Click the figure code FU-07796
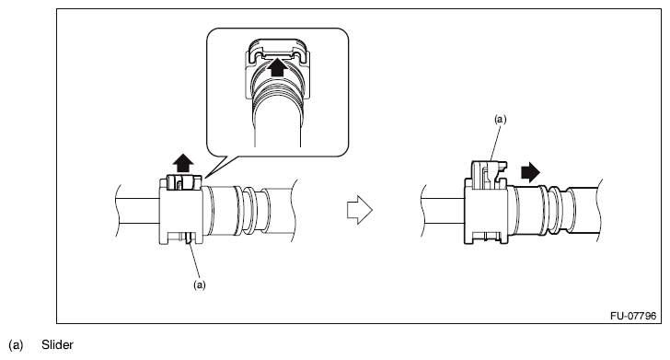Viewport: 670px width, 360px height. pyautogui.click(x=633, y=316)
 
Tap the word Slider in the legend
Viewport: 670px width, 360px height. pyautogui.click(x=57, y=344)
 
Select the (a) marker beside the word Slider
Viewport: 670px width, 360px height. pyautogui.click(x=16, y=345)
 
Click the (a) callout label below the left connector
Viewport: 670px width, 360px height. pyautogui.click(x=200, y=285)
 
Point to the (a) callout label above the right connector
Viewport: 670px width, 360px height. pyautogui.click(x=501, y=120)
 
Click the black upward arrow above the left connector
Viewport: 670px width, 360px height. pyautogui.click(x=183, y=163)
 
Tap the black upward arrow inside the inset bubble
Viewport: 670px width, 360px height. pyautogui.click(x=278, y=67)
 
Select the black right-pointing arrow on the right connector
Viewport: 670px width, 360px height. pyautogui.click(x=530, y=172)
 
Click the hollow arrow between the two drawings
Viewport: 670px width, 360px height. pyautogui.click(x=359, y=210)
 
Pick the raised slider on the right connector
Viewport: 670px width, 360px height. pyautogui.click(x=488, y=174)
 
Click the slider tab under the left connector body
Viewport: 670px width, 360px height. pyautogui.click(x=189, y=239)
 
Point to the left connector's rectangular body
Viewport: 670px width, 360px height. pyautogui.click(x=180, y=211)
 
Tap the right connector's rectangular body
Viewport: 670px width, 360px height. pyautogui.click(x=486, y=213)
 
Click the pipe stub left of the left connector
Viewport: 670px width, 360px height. pyautogui.click(x=138, y=210)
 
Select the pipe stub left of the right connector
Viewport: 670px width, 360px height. pyautogui.click(x=443, y=210)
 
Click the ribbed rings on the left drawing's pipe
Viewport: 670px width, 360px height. pyautogui.click(x=248, y=210)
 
